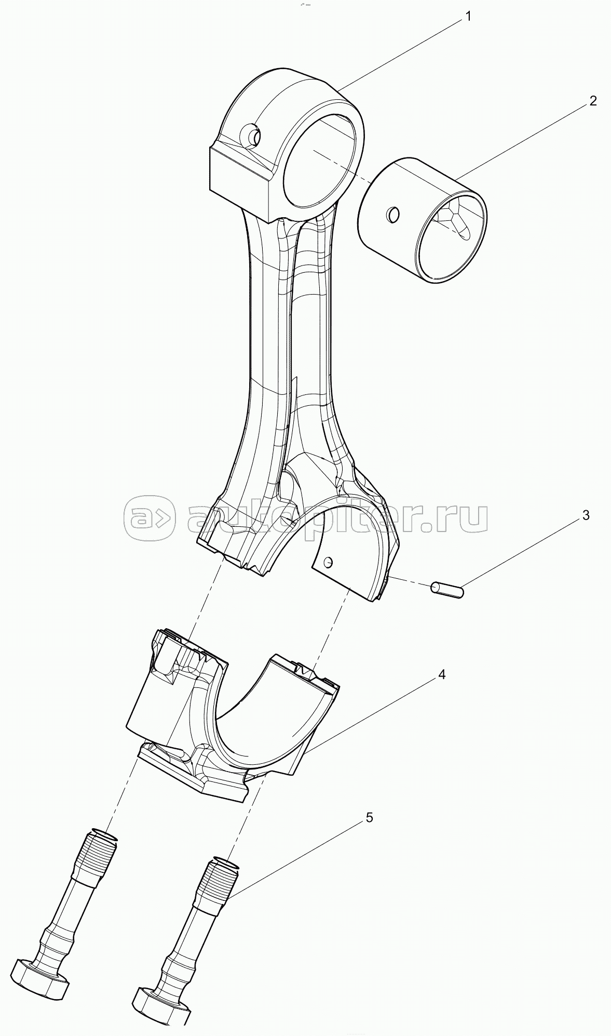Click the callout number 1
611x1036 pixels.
(468, 17)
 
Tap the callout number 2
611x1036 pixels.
(593, 101)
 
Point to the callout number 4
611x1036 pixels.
(441, 674)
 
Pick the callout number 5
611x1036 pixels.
(369, 817)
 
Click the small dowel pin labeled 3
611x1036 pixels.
(446, 590)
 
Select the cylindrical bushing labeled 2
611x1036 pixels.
(423, 220)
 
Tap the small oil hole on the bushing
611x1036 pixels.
(393, 214)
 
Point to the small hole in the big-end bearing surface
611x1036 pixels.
(328, 562)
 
